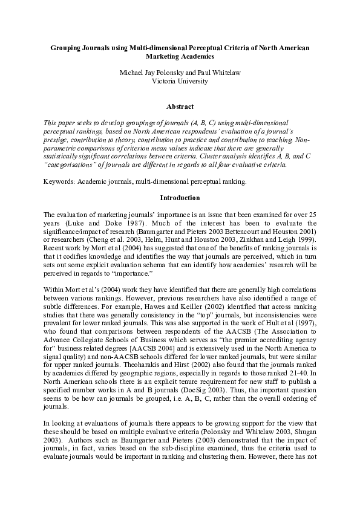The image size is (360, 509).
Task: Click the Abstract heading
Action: coord(180,106)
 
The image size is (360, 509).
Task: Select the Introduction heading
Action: coord(180,198)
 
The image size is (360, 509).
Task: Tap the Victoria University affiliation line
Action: coord(180,81)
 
